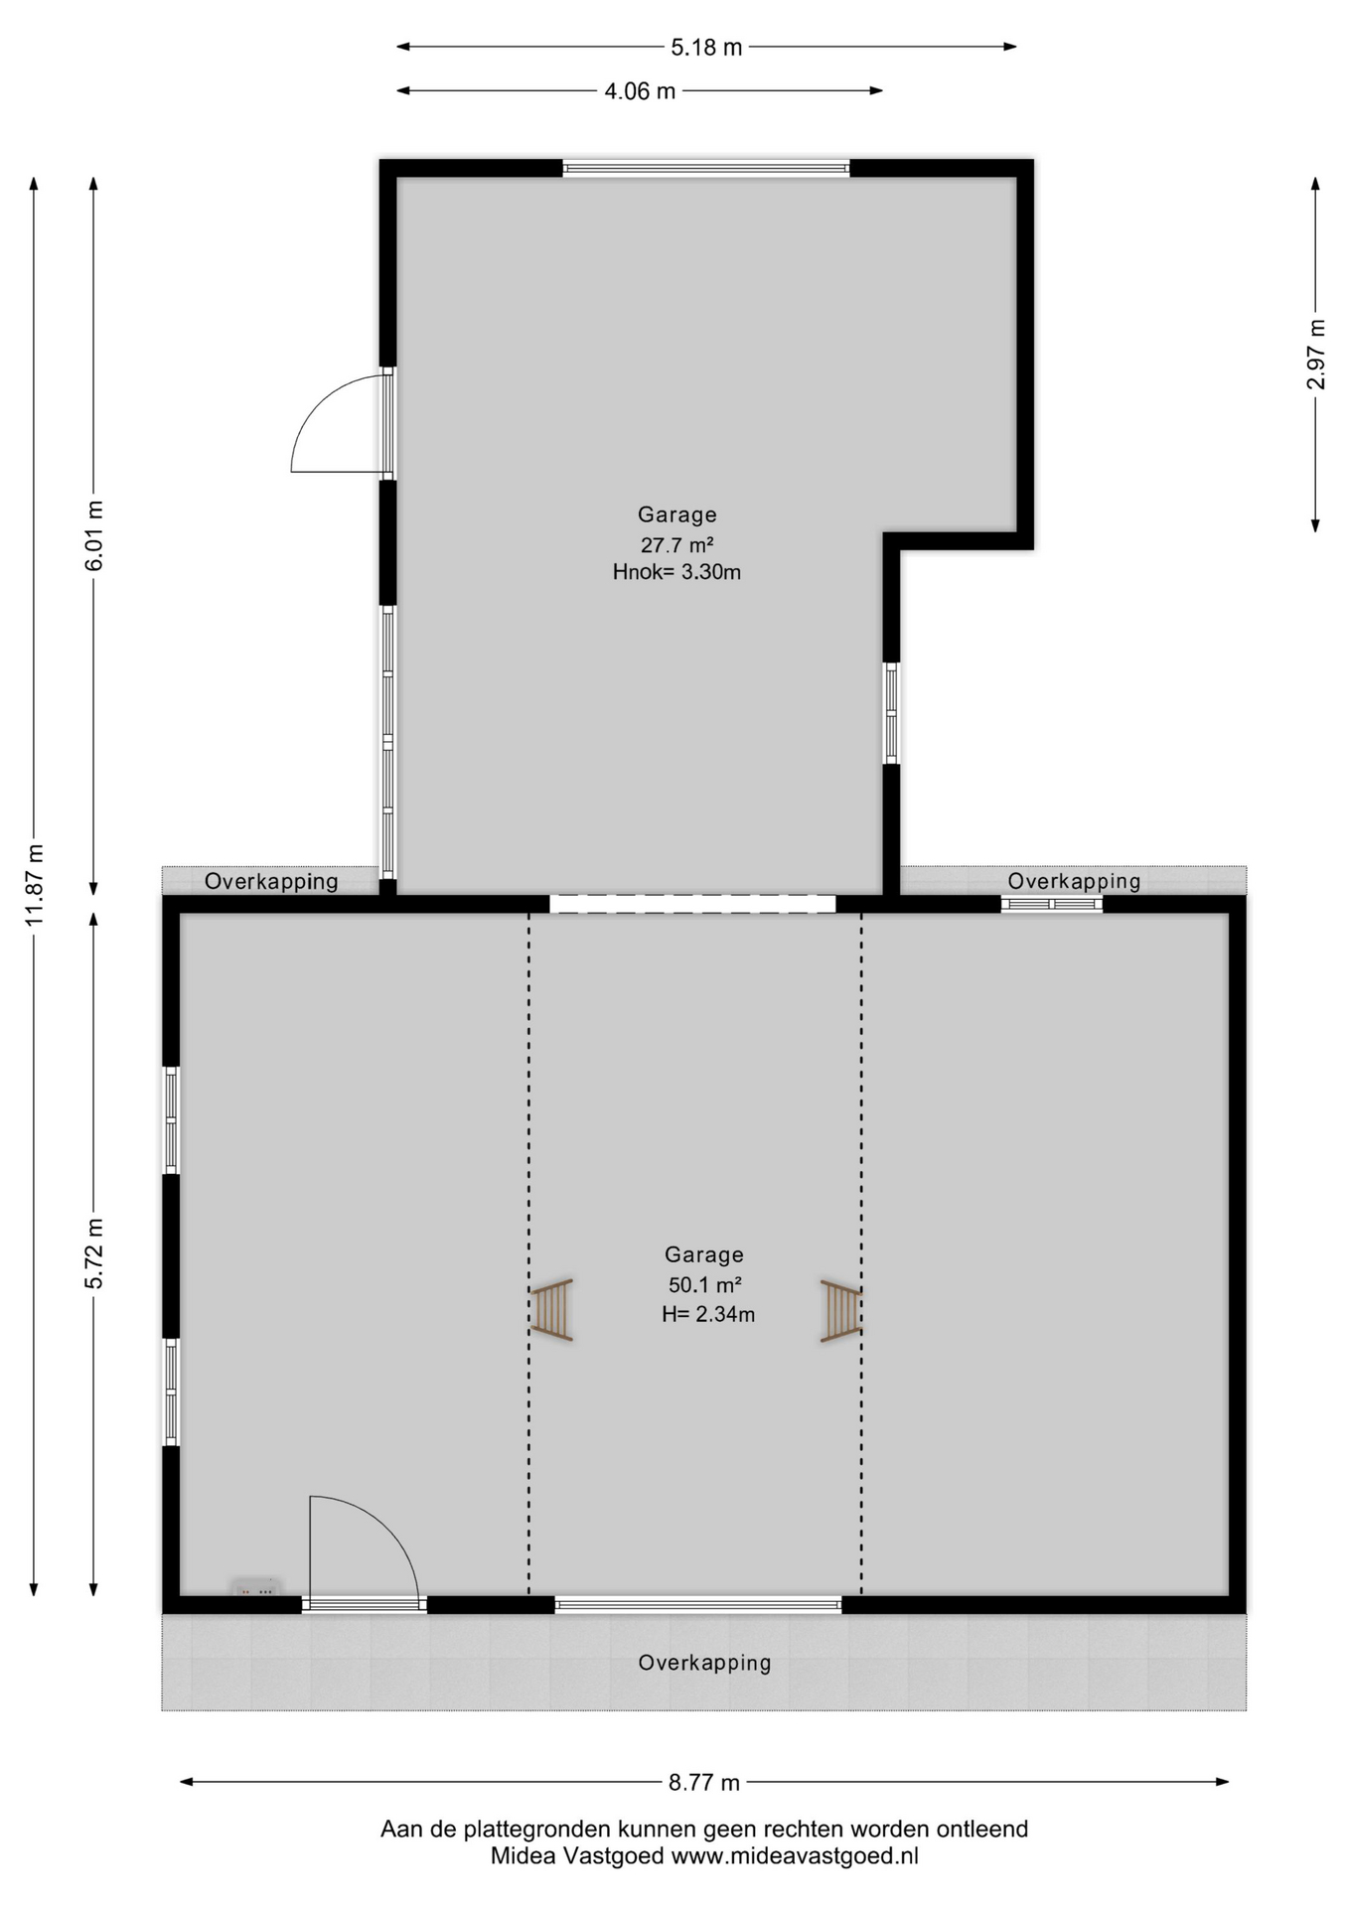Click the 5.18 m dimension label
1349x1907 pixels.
click(706, 47)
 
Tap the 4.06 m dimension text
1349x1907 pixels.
click(640, 91)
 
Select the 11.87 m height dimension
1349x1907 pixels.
click(35, 885)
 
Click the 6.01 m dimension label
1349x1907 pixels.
click(94, 536)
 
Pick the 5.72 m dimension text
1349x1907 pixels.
click(94, 1253)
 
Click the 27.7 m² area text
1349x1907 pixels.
click(677, 544)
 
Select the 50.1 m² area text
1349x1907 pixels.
click(705, 1285)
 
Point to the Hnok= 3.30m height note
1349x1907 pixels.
click(676, 572)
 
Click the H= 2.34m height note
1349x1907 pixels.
click(708, 1314)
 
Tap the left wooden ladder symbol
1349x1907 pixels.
click(551, 1309)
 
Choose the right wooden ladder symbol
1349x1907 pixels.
click(841, 1311)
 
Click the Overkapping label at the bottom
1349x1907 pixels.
click(704, 1662)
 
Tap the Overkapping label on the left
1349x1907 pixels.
click(271, 881)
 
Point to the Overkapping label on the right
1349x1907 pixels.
click(1074, 881)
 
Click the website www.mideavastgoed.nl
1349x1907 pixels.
click(795, 1855)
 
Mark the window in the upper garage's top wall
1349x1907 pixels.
click(706, 169)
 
